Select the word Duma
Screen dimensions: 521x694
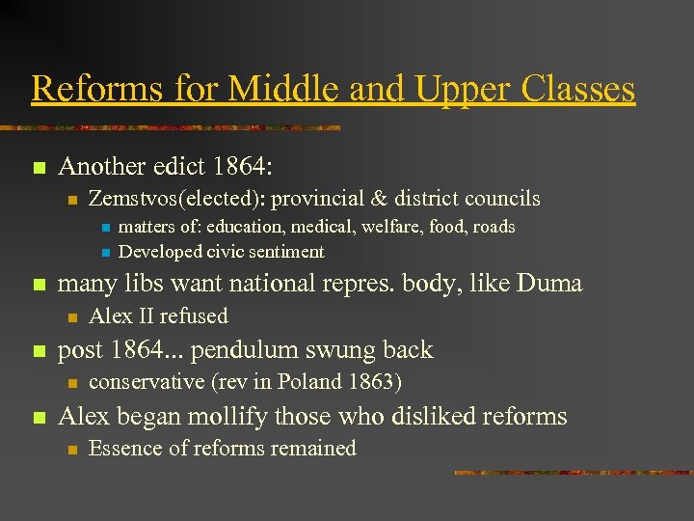click(550, 284)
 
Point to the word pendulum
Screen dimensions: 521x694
click(252, 350)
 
